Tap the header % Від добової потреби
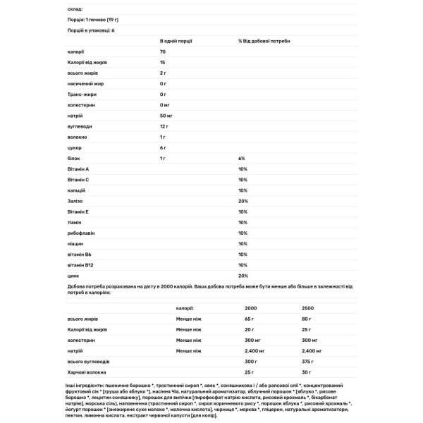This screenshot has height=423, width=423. (x=264, y=41)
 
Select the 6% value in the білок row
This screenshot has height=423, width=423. (x=242, y=159)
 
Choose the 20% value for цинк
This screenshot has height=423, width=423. (x=243, y=275)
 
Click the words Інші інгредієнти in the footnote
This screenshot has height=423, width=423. (x=78, y=386)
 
